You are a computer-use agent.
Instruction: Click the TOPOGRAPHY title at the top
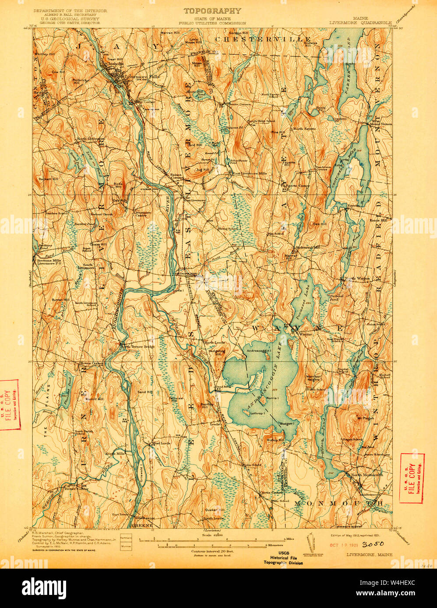click(212, 11)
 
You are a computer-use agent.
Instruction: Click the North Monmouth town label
click(367, 475)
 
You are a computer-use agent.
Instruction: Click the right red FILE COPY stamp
click(412, 479)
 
